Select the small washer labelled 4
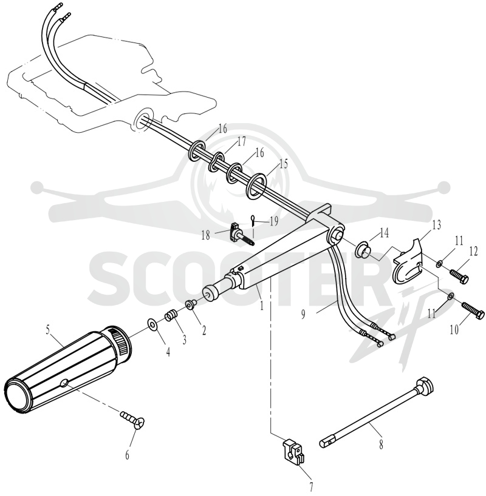pos(153,324)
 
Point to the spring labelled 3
pos(170,316)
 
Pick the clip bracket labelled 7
pos(293,451)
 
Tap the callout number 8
pos(381,444)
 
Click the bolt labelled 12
pos(459,276)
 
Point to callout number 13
pos(436,225)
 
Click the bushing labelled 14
pos(363,249)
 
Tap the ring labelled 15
pos(256,186)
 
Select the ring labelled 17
pos(217,163)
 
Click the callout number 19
pos(274,221)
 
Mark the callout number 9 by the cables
pos(303,315)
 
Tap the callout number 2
pos(204,330)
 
